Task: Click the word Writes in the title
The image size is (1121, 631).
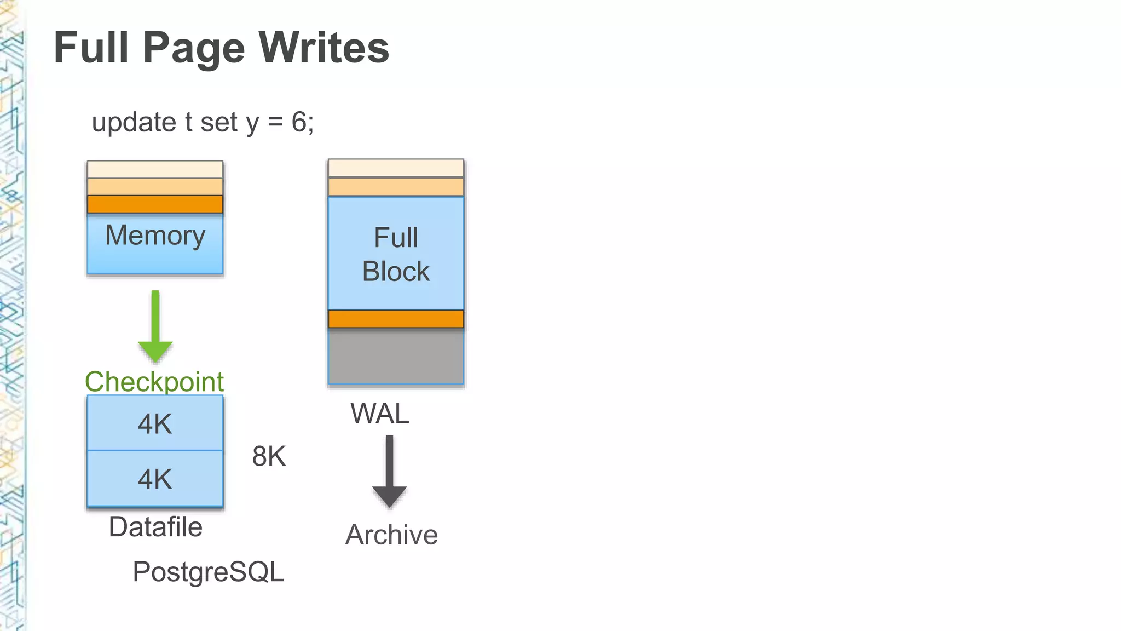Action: pos(323,48)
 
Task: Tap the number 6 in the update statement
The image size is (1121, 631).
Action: pos(299,122)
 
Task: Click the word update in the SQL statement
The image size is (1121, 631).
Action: pos(134,122)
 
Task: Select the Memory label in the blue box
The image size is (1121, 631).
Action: pos(155,236)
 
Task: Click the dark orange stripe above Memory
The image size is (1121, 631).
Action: pos(155,204)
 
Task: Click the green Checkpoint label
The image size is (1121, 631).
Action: pos(154,382)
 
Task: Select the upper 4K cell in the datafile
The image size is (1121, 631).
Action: pos(155,423)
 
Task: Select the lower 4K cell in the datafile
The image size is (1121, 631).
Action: pos(155,479)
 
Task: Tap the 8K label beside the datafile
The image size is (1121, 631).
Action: pos(269,456)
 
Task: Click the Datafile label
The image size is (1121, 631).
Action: pos(155,527)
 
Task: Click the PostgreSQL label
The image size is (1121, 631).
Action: pos(208,572)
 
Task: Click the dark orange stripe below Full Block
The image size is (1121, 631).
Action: pos(396,319)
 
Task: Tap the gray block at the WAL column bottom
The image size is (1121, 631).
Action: pos(396,357)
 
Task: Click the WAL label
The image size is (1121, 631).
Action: pos(380,414)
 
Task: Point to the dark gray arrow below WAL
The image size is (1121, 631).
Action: pos(389,472)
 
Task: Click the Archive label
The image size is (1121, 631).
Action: pos(391,535)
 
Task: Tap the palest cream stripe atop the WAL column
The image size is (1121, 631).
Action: pos(396,168)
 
